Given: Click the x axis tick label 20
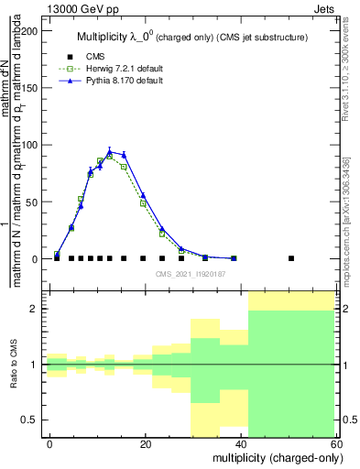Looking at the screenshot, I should (145, 444).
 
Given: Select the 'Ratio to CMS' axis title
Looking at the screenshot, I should (13, 365).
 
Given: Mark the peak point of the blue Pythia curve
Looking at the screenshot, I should (110, 152).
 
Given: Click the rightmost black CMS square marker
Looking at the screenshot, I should (291, 258).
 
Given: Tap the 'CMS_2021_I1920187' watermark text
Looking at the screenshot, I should (191, 273).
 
